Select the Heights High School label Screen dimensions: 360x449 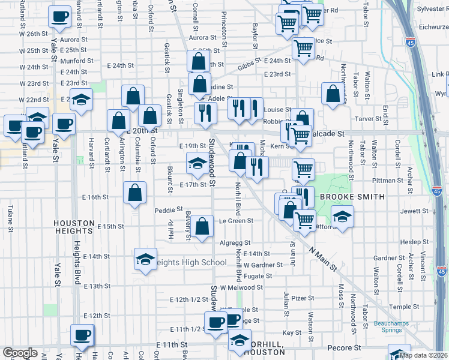click(x=189, y=262)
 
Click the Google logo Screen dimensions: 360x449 click(x=20, y=353)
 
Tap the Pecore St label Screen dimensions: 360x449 click(x=344, y=347)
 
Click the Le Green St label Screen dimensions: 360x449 click(x=237, y=221)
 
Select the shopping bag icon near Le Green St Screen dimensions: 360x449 click(x=203, y=226)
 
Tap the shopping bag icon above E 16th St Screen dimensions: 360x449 click(x=135, y=193)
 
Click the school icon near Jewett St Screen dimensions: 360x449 click(x=342, y=217)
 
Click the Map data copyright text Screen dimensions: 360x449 click(x=423, y=355)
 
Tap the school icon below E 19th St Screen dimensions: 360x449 click(x=197, y=163)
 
